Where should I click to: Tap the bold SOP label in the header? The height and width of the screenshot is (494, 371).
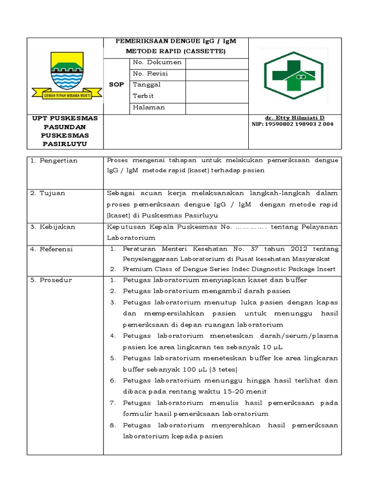(116, 84)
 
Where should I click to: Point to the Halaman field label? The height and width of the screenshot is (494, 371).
(149, 108)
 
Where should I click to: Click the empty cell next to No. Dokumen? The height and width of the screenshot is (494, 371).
(216, 63)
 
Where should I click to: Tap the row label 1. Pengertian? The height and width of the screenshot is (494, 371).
(54, 161)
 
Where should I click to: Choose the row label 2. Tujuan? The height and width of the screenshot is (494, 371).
(47, 193)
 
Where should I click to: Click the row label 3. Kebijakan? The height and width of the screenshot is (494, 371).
(52, 226)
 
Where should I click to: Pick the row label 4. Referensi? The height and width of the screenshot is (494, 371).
(51, 249)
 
